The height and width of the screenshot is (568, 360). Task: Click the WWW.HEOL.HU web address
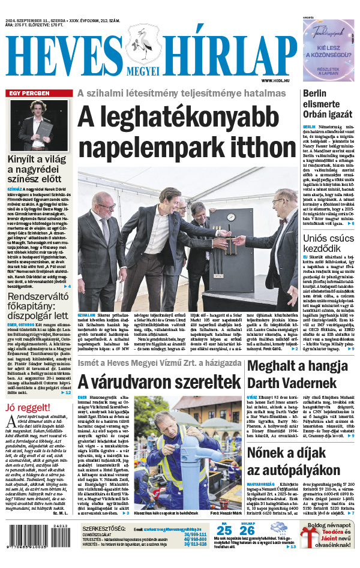coord(278,80)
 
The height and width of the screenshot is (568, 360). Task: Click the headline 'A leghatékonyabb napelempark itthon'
coord(187,131)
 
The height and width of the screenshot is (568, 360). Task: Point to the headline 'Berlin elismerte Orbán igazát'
coord(327,106)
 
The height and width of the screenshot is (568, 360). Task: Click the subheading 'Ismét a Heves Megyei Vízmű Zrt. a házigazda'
coord(158,363)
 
